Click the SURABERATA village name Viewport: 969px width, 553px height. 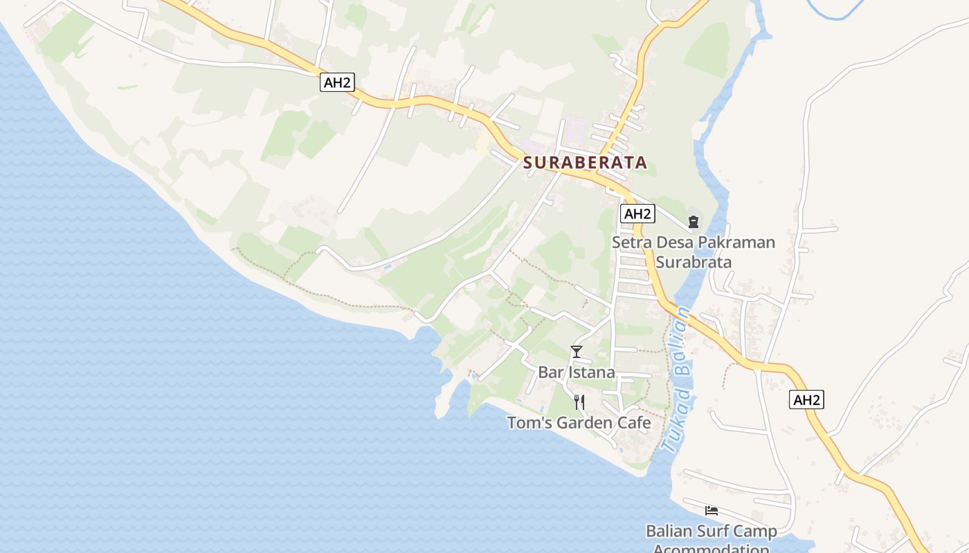[x=586, y=163]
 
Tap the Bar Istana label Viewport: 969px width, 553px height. [x=577, y=373]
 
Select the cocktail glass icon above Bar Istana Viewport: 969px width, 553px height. [x=577, y=352]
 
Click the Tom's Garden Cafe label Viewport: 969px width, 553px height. [x=579, y=423]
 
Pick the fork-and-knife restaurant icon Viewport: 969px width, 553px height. [x=579, y=402]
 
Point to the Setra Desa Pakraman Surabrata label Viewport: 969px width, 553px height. [x=694, y=252]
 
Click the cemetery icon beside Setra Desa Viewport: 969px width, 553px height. [x=694, y=222]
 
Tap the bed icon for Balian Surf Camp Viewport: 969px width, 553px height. [x=712, y=511]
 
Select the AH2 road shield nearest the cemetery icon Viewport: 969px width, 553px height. [x=637, y=214]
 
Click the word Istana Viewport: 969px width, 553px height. [x=592, y=373]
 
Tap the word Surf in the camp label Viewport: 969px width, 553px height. [x=715, y=532]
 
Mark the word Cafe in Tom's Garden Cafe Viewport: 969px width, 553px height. [x=635, y=423]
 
